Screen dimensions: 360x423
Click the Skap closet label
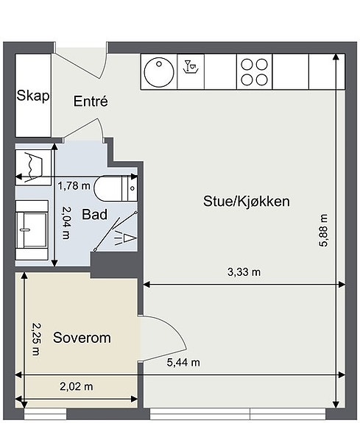click(33, 96)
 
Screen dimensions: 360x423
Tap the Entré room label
click(91, 102)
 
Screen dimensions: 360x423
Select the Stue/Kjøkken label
click(247, 202)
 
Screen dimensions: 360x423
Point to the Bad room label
click(94, 215)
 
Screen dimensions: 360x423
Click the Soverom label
click(82, 338)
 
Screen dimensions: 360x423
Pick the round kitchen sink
click(159, 72)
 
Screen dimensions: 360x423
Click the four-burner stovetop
click(255, 72)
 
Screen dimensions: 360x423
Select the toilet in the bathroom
click(116, 188)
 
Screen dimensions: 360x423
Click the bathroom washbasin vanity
click(32, 230)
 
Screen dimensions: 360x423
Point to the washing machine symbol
click(33, 168)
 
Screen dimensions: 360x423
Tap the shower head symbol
click(125, 238)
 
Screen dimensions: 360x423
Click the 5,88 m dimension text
click(323, 230)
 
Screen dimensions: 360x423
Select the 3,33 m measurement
click(244, 272)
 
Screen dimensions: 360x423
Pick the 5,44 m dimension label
click(183, 362)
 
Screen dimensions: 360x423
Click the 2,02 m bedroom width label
click(77, 386)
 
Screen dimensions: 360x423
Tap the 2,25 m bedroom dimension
click(36, 339)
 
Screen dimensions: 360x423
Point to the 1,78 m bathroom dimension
click(74, 185)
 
